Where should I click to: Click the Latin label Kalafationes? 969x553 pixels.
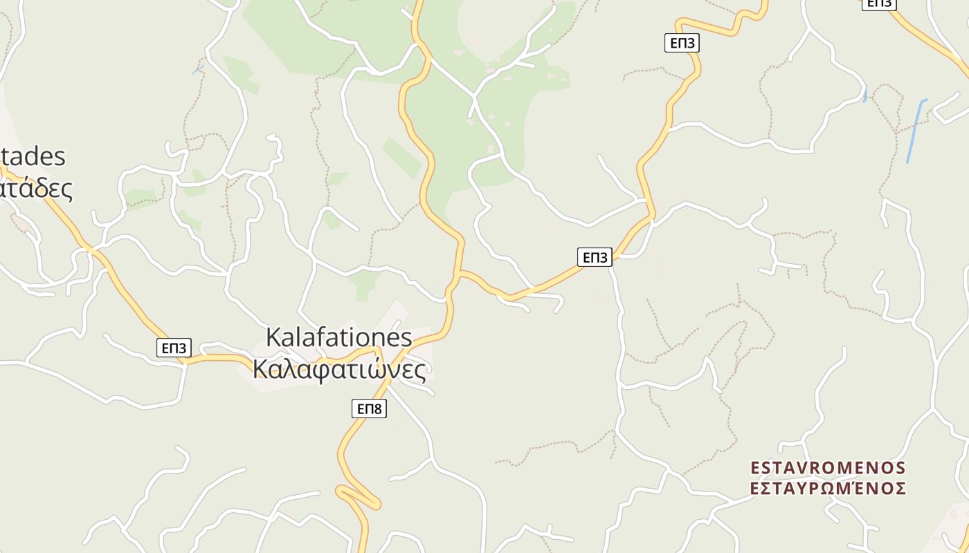coord(338,337)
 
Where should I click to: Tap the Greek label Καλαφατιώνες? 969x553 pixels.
coord(338,369)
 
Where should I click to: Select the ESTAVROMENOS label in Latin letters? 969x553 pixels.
coord(828,468)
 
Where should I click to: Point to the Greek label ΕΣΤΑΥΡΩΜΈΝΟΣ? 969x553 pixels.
coord(828,488)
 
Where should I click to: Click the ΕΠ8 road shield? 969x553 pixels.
coord(368,409)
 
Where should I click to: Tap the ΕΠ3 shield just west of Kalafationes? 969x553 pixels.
coord(173,348)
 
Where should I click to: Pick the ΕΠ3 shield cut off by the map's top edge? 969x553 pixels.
coord(878,3)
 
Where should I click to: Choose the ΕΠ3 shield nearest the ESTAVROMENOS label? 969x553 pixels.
coord(595,257)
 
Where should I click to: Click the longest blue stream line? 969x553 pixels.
coord(916,131)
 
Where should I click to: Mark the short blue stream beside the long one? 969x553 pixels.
coord(865,94)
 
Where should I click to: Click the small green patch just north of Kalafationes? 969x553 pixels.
coord(364,283)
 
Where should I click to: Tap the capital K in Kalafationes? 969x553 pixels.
coord(273,338)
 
